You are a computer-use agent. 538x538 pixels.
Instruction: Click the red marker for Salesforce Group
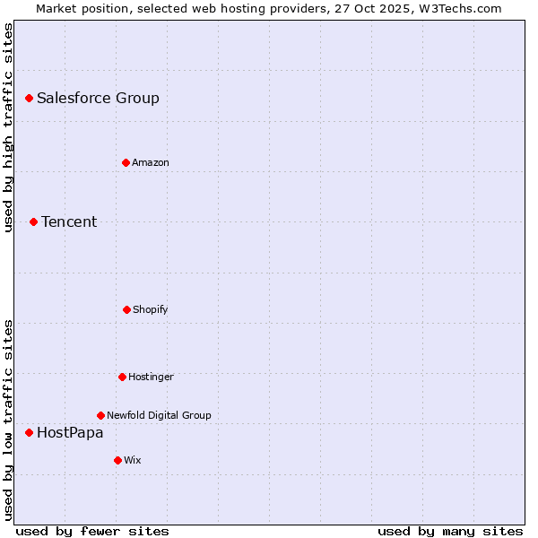coord(29,98)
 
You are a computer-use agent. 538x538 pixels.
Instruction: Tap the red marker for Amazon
coord(126,162)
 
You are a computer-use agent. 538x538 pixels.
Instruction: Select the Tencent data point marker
coord(33,221)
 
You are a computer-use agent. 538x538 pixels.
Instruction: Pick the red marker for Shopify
coord(126,309)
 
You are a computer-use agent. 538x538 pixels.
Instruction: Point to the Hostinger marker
coord(122,377)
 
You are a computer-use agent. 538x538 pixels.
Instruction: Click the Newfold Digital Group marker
coord(100,415)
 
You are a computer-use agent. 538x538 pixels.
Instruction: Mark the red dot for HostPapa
coord(29,432)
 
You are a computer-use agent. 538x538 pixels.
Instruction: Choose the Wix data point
coord(117,460)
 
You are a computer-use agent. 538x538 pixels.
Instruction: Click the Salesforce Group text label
coord(98,99)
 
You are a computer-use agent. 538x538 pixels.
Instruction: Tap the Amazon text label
coord(151,162)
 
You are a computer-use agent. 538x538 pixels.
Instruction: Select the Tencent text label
coord(69,222)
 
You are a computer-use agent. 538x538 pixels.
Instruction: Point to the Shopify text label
coord(151,309)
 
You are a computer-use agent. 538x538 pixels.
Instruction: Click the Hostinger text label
coord(151,377)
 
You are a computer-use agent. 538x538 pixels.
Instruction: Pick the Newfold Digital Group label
coord(159,415)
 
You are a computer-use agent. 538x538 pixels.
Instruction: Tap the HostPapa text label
coord(70,433)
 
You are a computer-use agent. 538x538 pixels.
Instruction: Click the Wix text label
coord(133,460)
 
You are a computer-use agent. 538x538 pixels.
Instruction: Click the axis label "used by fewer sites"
coord(92,531)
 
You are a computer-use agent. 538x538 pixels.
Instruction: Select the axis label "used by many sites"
coord(450,531)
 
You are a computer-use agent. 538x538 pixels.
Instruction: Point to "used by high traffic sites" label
coord(9,127)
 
